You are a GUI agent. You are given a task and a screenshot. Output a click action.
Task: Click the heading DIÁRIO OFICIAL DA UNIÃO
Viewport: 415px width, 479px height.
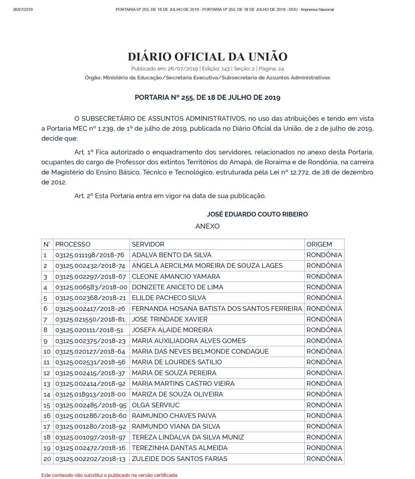point(207,56)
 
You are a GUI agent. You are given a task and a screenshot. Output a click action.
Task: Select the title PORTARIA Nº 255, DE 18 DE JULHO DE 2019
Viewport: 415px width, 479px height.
point(207,97)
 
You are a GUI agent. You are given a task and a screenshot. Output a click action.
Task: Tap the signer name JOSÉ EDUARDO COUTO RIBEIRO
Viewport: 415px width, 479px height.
point(257,214)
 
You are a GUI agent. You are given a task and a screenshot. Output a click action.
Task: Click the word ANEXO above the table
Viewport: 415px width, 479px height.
point(207,226)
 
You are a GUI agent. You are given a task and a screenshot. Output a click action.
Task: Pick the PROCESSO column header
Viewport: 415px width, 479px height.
point(73,244)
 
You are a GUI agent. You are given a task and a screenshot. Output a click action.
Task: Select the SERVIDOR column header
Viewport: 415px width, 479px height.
point(148,244)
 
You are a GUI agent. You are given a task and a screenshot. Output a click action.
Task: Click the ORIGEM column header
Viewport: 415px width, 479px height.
point(319,244)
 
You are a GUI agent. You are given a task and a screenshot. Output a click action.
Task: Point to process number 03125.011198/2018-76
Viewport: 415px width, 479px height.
point(90,255)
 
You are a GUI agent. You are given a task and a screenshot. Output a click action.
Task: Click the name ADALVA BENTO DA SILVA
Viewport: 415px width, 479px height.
point(172,255)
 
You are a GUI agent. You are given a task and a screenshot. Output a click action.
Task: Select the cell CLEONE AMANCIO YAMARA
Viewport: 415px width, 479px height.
point(176,277)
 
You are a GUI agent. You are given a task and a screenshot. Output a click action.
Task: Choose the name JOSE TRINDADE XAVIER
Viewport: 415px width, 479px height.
point(170,319)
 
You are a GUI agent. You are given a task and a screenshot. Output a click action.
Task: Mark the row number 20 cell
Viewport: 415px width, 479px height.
point(47,459)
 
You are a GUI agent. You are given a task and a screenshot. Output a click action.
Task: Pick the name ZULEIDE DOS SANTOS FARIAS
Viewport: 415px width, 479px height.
point(180,459)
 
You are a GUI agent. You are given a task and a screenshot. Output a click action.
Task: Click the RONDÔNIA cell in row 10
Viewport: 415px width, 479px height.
point(324,352)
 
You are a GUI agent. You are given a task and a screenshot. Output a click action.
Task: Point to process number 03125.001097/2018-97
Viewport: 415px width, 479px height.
point(90,437)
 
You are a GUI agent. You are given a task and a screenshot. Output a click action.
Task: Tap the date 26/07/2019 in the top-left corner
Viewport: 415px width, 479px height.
point(23,10)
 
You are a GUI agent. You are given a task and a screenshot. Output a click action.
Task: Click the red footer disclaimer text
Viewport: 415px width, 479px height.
point(110,475)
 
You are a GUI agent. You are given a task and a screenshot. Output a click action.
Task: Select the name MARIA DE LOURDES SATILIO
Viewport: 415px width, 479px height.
point(177,362)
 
